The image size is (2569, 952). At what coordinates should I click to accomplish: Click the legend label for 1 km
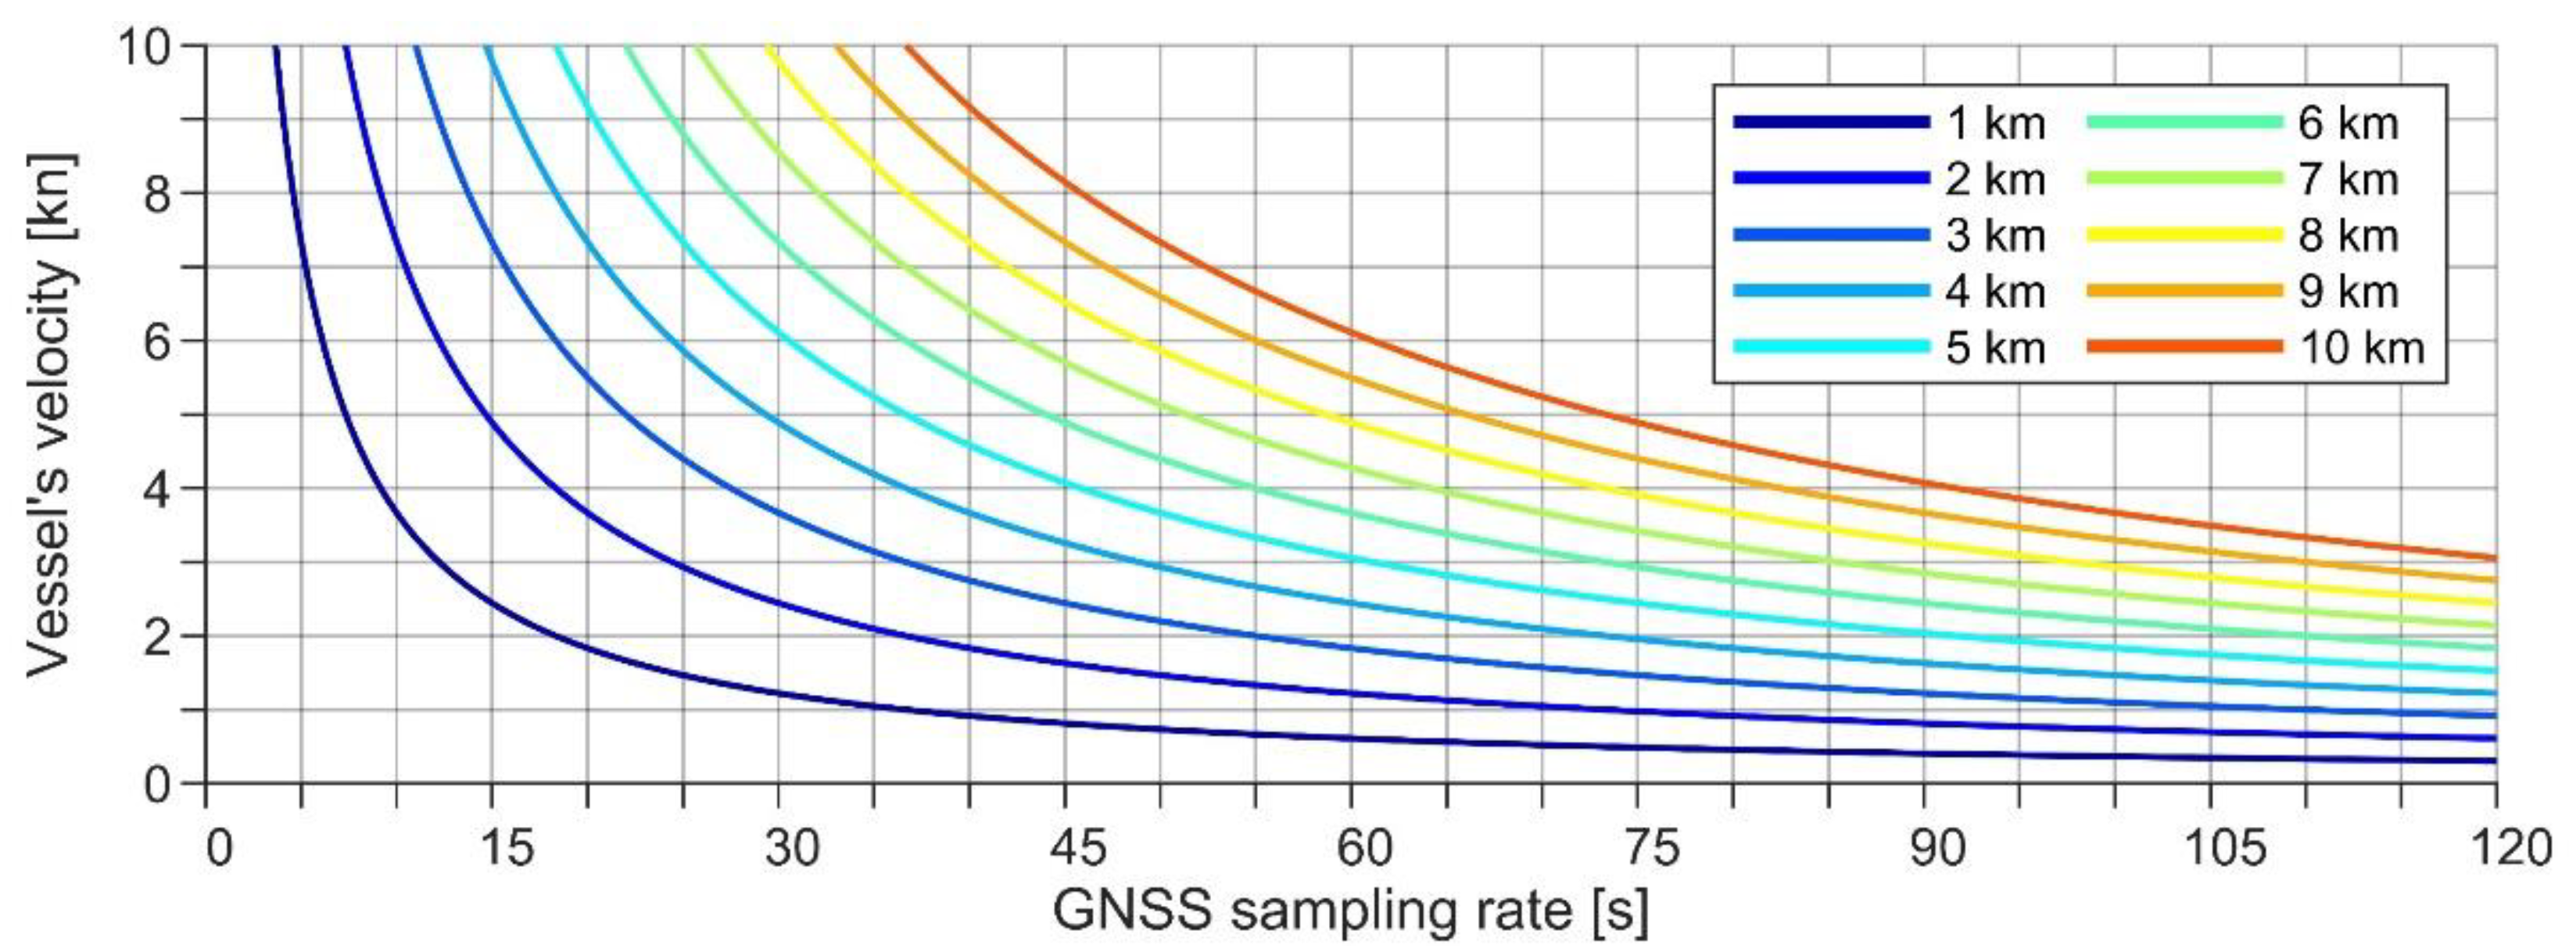click(1994, 123)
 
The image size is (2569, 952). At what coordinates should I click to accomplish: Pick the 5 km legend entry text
click(1994, 348)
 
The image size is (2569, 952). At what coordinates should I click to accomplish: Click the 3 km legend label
click(1994, 235)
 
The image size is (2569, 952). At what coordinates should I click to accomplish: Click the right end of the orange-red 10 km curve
click(2493, 558)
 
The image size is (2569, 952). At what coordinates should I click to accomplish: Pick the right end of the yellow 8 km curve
click(2493, 602)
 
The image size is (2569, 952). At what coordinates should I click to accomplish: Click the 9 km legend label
click(2348, 292)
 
